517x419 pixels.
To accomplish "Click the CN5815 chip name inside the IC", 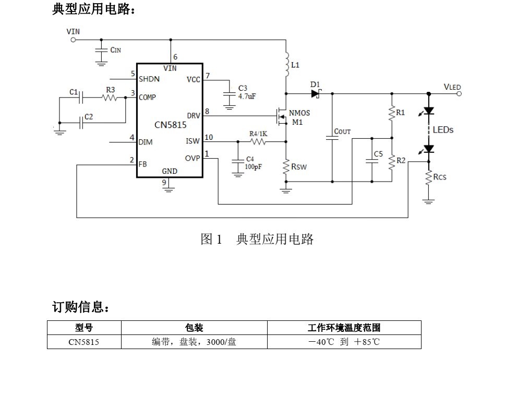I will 170,125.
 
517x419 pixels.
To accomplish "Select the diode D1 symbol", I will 315,94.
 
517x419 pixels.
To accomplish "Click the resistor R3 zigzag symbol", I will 110,98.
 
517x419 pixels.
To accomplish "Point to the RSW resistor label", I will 299,167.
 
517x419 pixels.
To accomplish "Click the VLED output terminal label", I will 452,87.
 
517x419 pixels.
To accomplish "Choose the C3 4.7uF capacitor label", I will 246,92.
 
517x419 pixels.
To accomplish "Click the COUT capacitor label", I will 342,131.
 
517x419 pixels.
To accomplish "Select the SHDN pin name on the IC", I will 149,79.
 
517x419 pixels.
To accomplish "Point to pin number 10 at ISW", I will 209,137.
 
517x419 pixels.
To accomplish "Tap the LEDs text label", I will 443,130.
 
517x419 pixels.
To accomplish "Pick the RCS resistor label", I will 440,177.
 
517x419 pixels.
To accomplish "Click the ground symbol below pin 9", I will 168,189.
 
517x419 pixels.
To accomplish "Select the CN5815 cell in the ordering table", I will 84,342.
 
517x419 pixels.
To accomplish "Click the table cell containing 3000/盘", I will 194,342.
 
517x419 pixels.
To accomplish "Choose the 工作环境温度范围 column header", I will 344,328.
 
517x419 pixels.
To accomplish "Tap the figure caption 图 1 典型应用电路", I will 257,239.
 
